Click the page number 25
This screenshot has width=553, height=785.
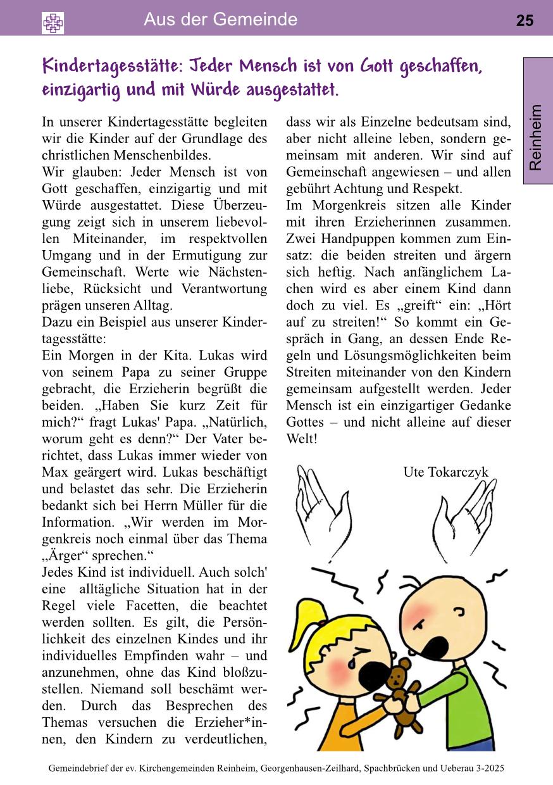click(525, 21)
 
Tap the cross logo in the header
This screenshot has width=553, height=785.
click(53, 23)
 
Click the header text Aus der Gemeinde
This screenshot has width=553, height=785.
click(220, 20)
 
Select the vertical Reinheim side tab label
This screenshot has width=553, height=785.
click(536, 137)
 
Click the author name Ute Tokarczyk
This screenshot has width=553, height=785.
click(445, 472)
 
